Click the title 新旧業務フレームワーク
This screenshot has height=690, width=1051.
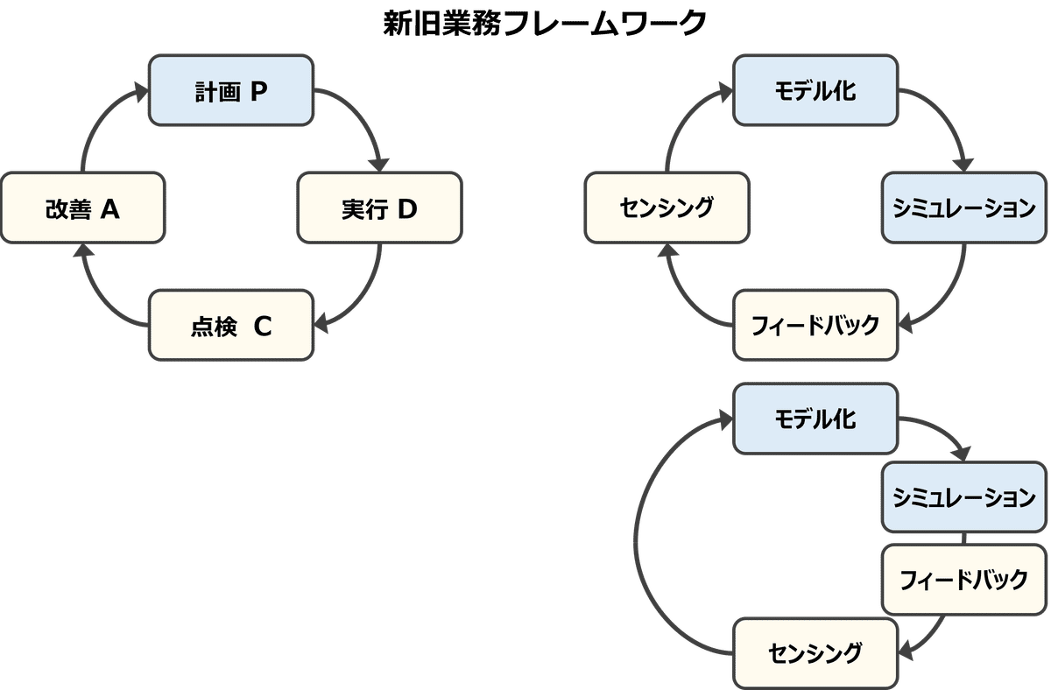(x=543, y=24)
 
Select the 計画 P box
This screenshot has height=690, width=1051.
(x=231, y=91)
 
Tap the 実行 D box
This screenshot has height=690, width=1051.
(x=379, y=208)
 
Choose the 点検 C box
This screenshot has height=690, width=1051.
(x=231, y=326)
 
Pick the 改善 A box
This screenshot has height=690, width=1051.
(x=82, y=208)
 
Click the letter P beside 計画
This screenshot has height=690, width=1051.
(x=258, y=91)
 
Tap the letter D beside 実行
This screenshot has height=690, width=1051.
(x=407, y=208)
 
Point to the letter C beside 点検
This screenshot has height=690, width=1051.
(x=263, y=326)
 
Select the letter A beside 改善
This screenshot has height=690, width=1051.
(x=110, y=208)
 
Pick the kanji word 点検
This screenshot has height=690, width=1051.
(x=214, y=327)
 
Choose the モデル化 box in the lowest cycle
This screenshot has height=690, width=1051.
(x=815, y=418)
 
